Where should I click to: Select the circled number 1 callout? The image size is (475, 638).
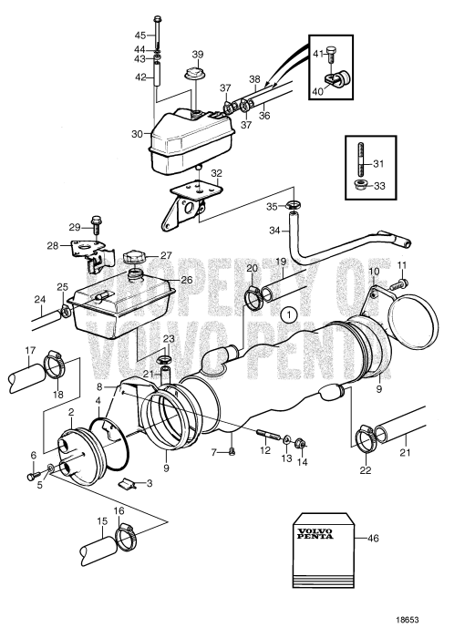[x=289, y=315]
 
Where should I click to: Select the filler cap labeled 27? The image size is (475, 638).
[x=137, y=256]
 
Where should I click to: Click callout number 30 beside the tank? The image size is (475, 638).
[x=136, y=133]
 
